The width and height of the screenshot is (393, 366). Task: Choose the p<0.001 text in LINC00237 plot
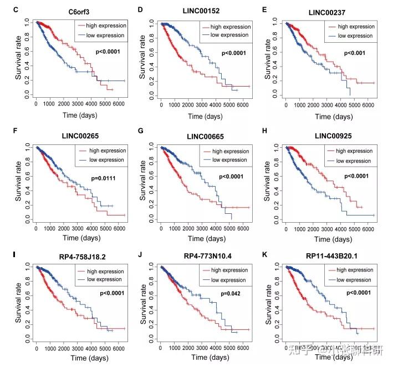coord(356,53)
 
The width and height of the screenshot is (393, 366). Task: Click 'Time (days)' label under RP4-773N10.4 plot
coord(203,360)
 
